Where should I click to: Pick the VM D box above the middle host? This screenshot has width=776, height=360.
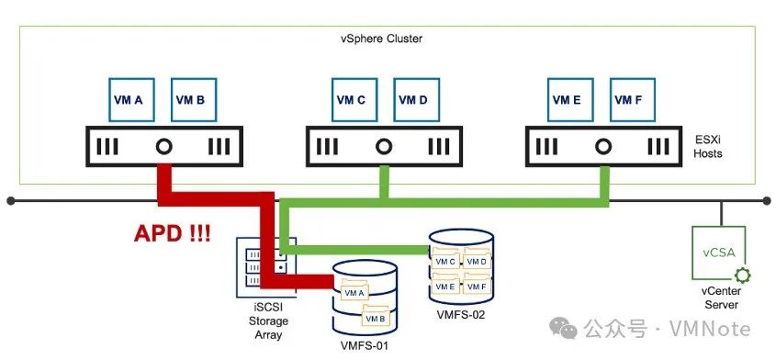pyautogui.click(x=416, y=99)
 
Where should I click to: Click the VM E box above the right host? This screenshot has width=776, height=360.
pyautogui.click(x=572, y=99)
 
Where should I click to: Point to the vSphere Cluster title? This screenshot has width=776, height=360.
pyautogui.click(x=381, y=39)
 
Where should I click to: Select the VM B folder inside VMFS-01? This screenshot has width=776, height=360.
pyautogui.click(x=374, y=318)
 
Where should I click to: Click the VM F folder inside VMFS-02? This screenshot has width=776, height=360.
pyautogui.click(x=475, y=286)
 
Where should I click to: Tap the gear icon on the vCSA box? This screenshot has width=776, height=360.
pyautogui.click(x=739, y=274)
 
